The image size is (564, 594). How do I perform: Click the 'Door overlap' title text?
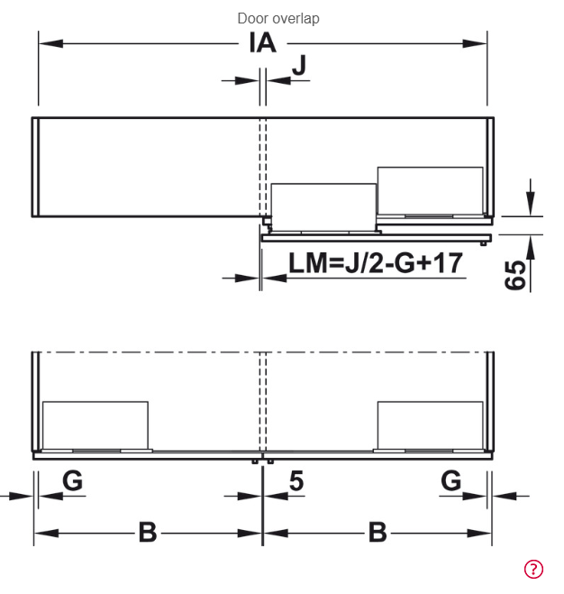click(x=278, y=18)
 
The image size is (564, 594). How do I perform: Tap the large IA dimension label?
click(x=262, y=42)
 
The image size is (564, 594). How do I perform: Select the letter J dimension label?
click(x=299, y=65)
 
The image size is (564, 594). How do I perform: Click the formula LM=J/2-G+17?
click(x=376, y=263)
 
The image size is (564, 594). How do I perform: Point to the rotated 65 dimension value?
click(x=515, y=275)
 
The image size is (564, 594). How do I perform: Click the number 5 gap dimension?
click(x=296, y=481)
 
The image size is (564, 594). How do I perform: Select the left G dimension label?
click(x=72, y=480)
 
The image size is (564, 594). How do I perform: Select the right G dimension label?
click(x=451, y=480)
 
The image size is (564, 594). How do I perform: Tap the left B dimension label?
click(x=148, y=532)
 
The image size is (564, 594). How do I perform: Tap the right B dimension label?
click(x=378, y=532)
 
